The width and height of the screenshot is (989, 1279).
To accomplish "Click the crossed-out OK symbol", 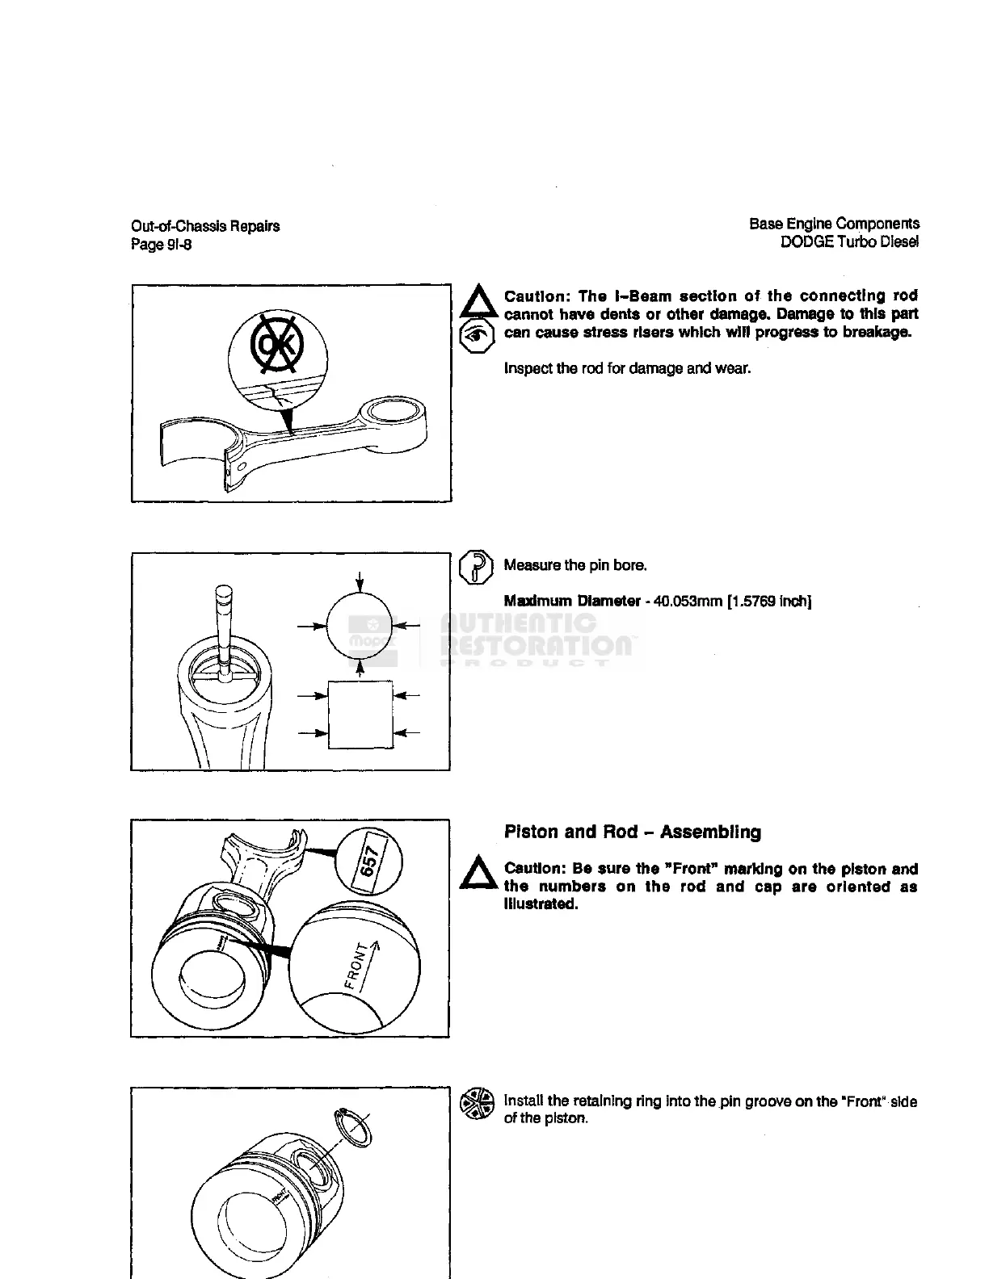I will pyautogui.click(x=277, y=345).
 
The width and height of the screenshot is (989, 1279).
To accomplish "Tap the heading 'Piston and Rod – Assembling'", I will pyautogui.click(x=632, y=832).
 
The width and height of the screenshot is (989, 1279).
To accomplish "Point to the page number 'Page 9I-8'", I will pyautogui.click(x=162, y=245).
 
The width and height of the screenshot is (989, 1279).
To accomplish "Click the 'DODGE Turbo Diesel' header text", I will pyautogui.click(x=849, y=241).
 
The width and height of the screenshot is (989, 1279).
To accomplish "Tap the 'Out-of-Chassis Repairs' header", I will pyautogui.click(x=205, y=226).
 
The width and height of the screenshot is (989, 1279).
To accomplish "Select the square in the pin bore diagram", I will pyautogui.click(x=360, y=715).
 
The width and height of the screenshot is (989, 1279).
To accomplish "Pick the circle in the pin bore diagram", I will pyautogui.click(x=360, y=625).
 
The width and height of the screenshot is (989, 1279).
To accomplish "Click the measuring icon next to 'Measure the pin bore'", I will pyautogui.click(x=476, y=566).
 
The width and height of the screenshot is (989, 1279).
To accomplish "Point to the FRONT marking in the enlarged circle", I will pyautogui.click(x=360, y=963).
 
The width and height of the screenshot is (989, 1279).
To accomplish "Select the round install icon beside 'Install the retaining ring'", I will pyautogui.click(x=477, y=1104).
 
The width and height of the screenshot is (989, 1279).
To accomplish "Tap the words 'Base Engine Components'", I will pyautogui.click(x=834, y=224).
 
